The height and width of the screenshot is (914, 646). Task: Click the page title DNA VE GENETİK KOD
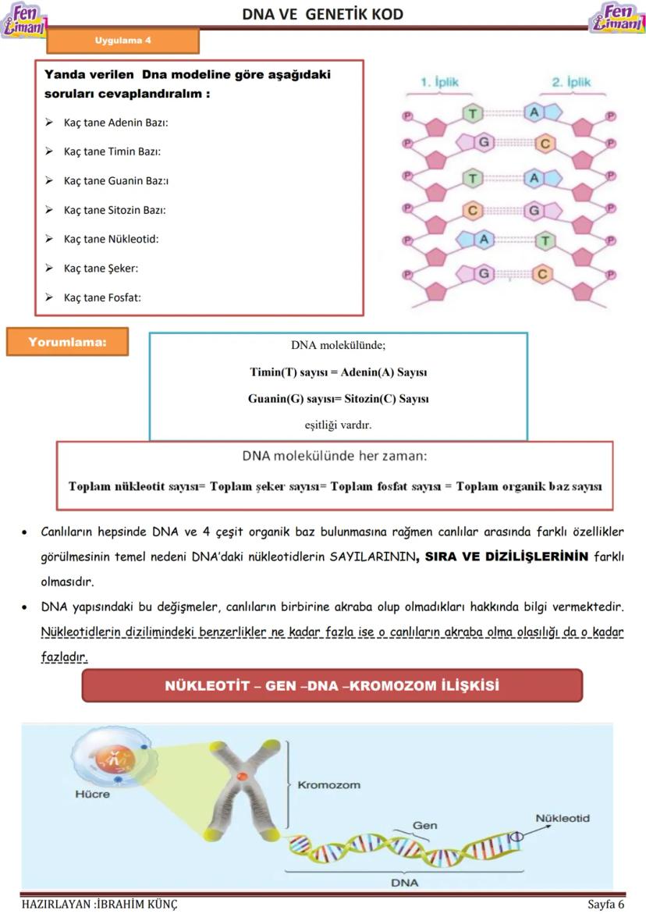[x=322, y=14]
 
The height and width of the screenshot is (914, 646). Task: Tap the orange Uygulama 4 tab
[x=122, y=41]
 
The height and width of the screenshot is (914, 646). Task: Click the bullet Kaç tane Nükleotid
[x=111, y=239]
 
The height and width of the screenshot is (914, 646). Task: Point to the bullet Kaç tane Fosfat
[x=102, y=297]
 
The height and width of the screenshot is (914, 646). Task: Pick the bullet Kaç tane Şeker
[x=101, y=269]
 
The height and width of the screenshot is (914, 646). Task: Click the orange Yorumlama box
[x=67, y=343]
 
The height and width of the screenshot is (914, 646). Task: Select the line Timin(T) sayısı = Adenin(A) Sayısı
[x=338, y=372]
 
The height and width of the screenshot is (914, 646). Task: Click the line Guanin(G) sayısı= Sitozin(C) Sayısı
[x=338, y=399]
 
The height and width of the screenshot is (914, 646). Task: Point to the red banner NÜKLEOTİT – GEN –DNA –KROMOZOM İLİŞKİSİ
[x=332, y=685]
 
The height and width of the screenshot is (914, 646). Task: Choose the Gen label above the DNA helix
[x=424, y=825]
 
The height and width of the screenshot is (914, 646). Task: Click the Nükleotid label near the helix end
[x=562, y=818]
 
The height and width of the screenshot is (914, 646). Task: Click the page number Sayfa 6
[x=605, y=905]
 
